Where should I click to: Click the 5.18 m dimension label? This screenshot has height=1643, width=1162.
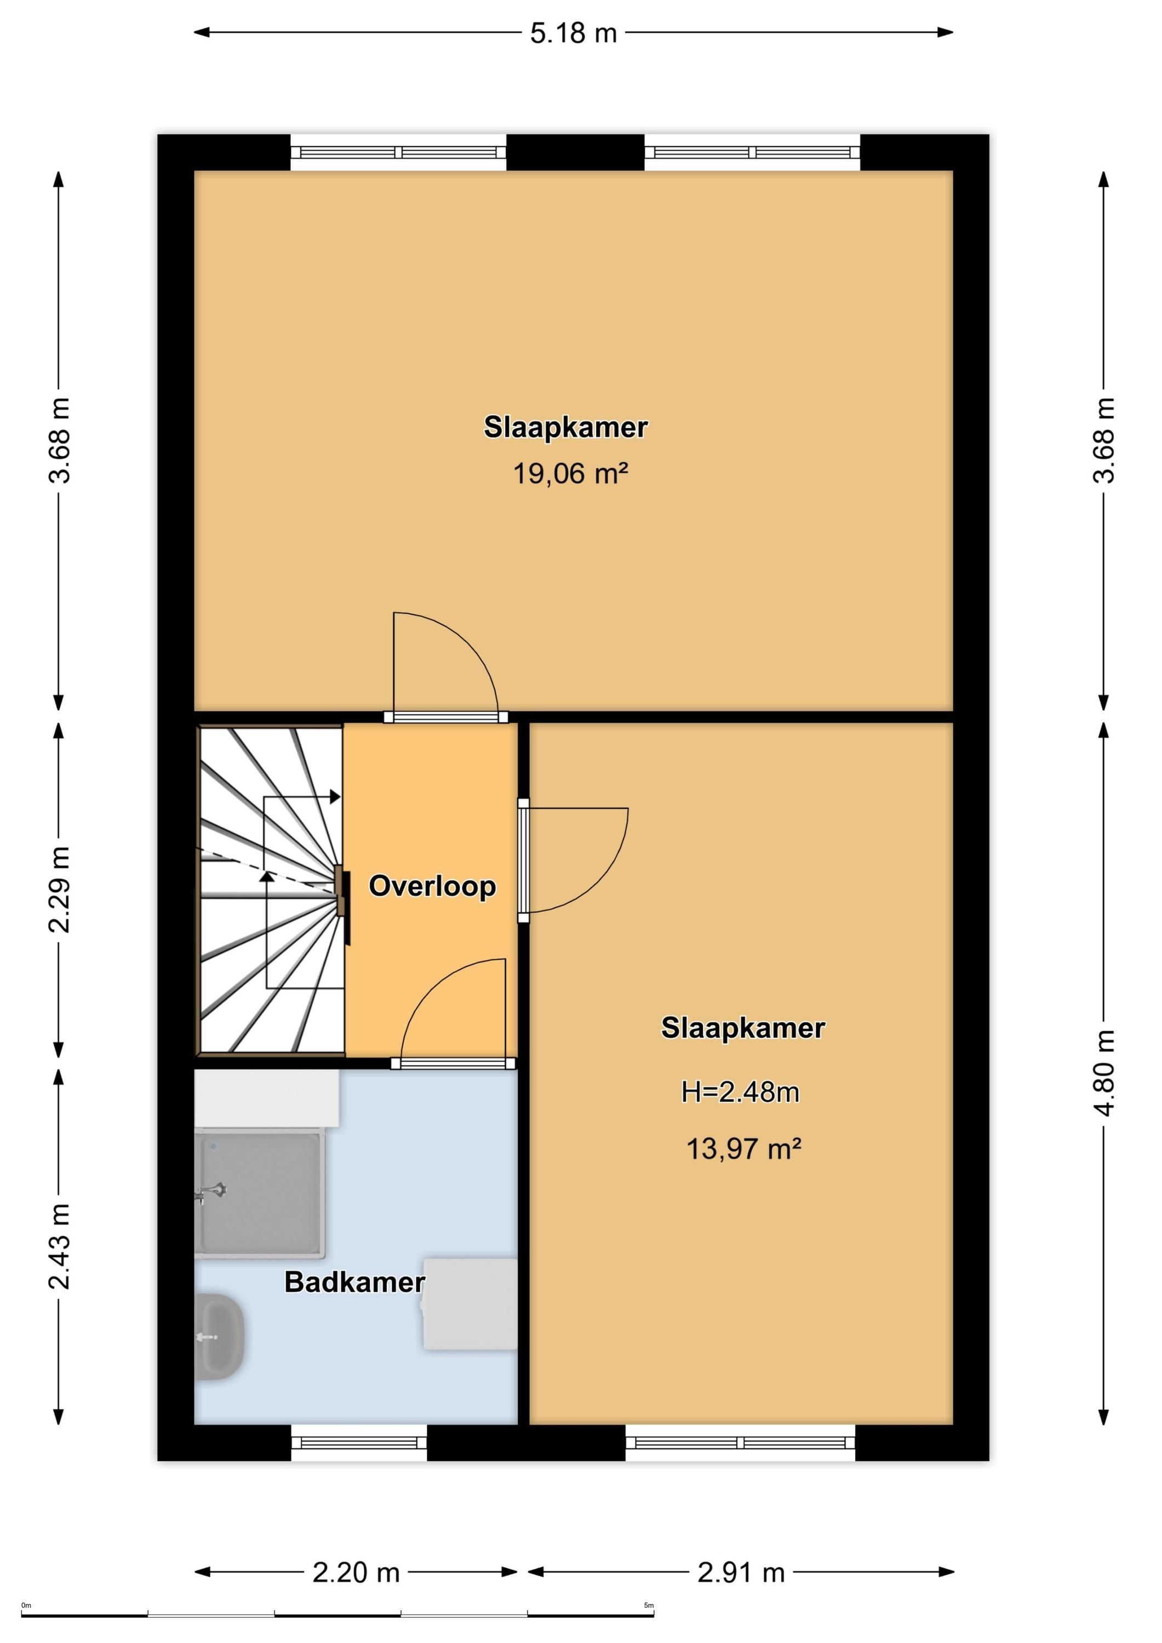point(574,33)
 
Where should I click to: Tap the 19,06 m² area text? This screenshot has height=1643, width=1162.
point(571,474)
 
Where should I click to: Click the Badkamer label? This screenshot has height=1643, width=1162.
point(355,1282)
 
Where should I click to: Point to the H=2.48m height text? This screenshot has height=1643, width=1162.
point(740,1092)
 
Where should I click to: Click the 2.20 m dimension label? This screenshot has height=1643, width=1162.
point(356,1572)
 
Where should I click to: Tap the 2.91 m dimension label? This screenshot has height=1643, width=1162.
point(741,1572)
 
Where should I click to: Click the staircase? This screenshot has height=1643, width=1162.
point(271,889)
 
